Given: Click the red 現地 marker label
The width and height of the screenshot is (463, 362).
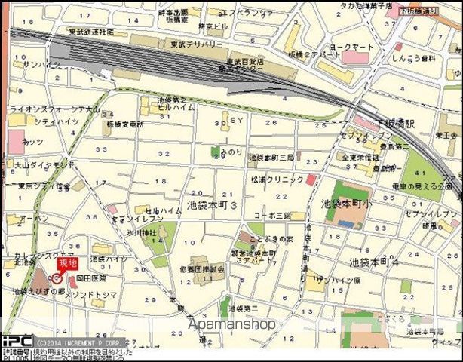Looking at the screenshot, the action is coord(68,263).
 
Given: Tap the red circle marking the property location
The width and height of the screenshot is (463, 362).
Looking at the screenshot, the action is coord(57,278).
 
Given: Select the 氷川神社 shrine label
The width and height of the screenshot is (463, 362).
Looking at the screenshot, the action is coord(142,233).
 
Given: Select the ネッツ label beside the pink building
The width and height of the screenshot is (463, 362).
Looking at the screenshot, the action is coord(32,141).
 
